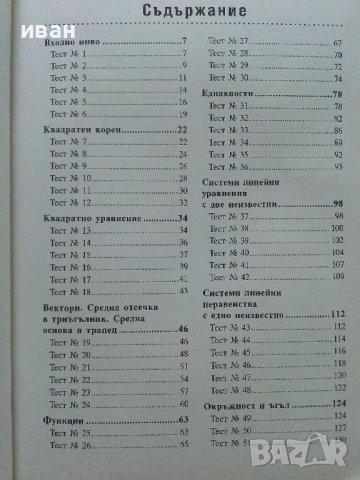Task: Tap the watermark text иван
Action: (x=25, y=12)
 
